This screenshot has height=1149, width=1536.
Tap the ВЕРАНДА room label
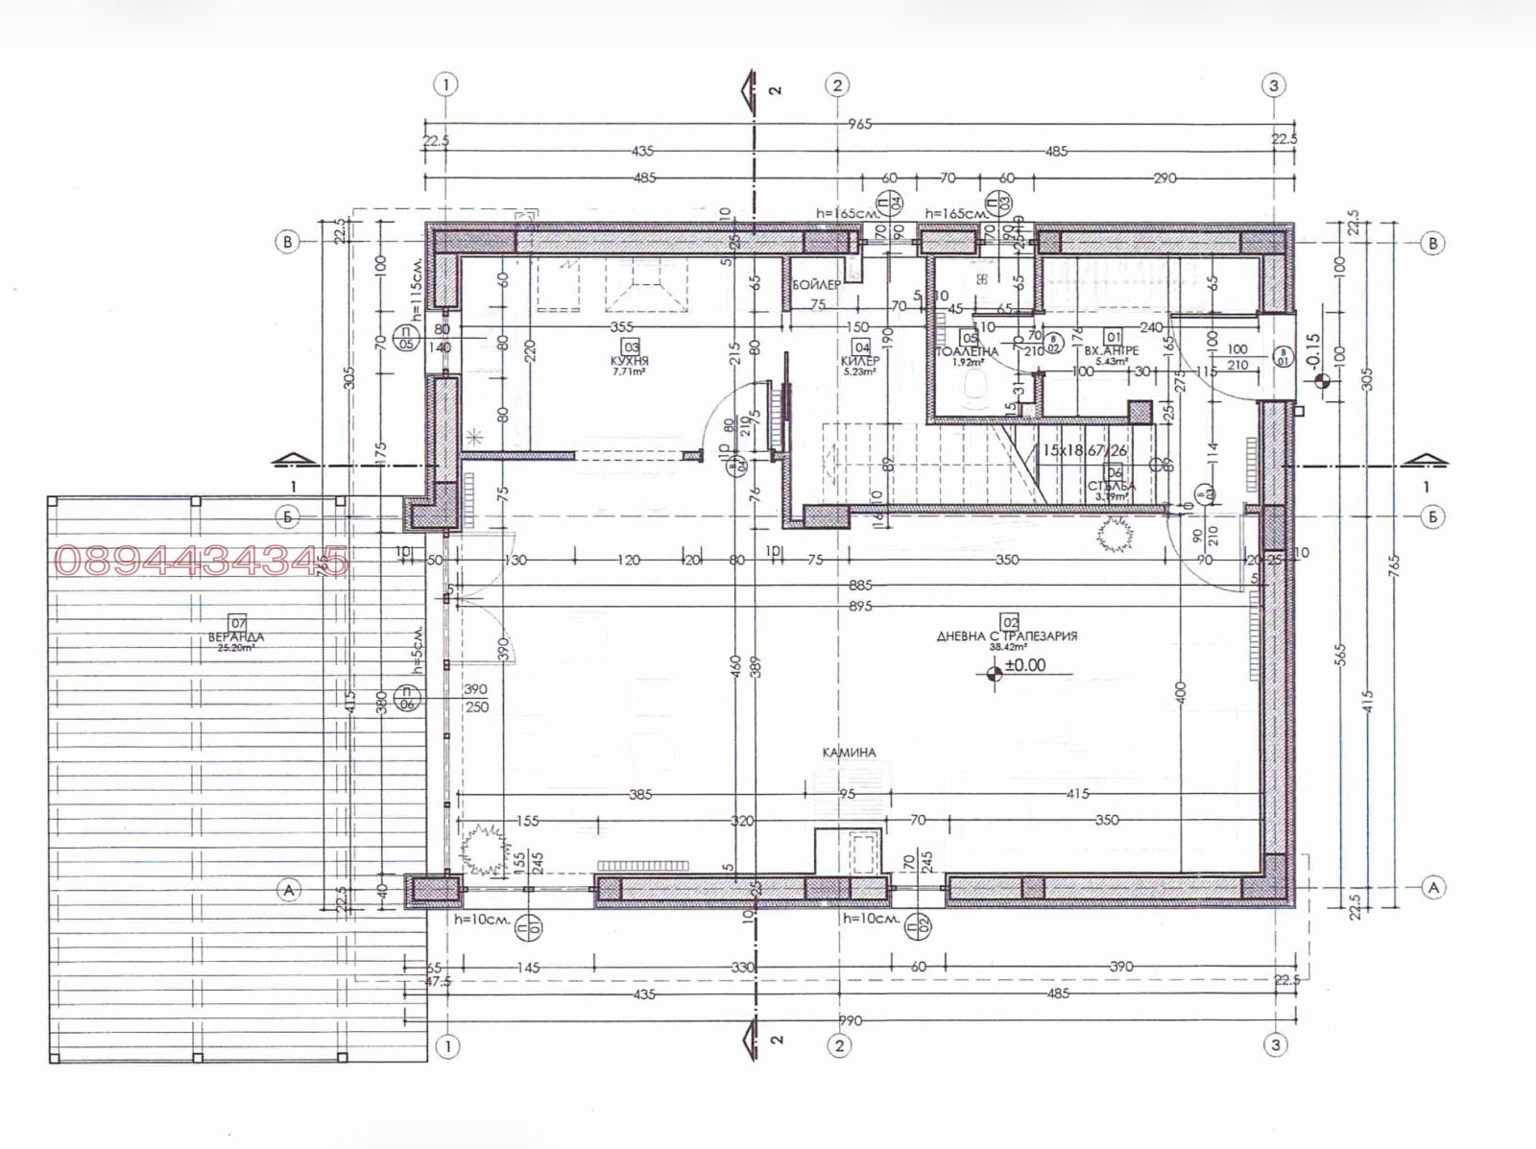pos(235,637)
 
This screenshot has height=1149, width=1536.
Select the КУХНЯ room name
pos(630,361)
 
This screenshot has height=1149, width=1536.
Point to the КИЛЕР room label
pos(859,361)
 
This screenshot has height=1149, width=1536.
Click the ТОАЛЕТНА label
pos(967,352)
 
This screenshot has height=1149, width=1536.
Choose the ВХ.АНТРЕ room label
pos(1112,351)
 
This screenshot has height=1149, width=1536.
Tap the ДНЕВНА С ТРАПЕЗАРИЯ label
pos(1007,635)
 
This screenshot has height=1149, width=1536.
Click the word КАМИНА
pos(850,753)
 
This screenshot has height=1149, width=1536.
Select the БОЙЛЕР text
pos(816,285)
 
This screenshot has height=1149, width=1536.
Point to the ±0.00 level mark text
pos(1025,665)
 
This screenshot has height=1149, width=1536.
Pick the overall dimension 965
pos(859,124)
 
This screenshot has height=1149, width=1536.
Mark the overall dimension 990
pos(850,1020)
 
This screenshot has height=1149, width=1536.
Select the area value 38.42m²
pos(1008,647)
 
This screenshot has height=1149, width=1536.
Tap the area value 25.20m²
pos(235,648)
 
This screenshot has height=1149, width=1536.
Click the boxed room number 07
pos(238,624)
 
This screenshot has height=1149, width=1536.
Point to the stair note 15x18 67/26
pos(1085,450)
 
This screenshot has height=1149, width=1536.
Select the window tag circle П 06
pos(406,698)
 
